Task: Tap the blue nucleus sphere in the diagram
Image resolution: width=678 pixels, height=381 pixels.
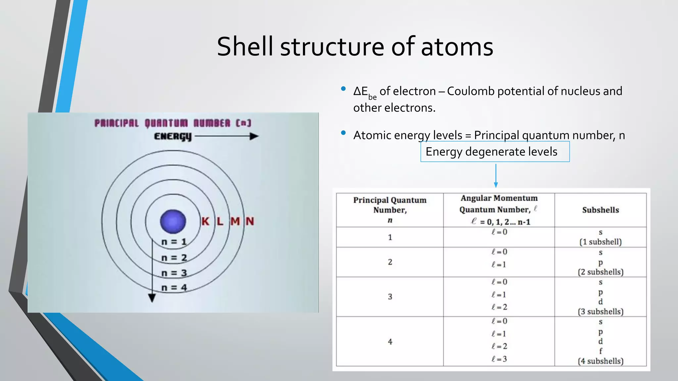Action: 173,221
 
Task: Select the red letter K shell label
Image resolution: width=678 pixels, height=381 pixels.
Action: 205,221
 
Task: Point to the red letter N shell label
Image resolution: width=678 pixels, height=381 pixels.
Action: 250,221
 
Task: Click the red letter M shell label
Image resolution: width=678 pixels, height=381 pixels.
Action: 235,221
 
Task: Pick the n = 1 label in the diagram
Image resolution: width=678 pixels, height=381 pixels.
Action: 174,242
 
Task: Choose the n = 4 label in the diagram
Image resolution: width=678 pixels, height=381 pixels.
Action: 174,287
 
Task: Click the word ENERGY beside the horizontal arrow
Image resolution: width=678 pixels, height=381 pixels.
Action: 173,136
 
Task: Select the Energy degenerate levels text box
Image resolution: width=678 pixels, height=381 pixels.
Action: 495,152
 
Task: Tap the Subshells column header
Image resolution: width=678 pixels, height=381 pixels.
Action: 601,210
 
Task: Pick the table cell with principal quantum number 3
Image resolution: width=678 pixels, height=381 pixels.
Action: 390,297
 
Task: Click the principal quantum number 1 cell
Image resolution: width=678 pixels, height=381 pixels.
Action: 390,237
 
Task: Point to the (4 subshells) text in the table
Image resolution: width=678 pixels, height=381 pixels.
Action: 601,361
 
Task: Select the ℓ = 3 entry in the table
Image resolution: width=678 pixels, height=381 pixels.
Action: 499,359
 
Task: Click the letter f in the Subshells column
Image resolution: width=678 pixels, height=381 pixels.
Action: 601,351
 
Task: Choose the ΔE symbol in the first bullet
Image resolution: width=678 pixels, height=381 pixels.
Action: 361,91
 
